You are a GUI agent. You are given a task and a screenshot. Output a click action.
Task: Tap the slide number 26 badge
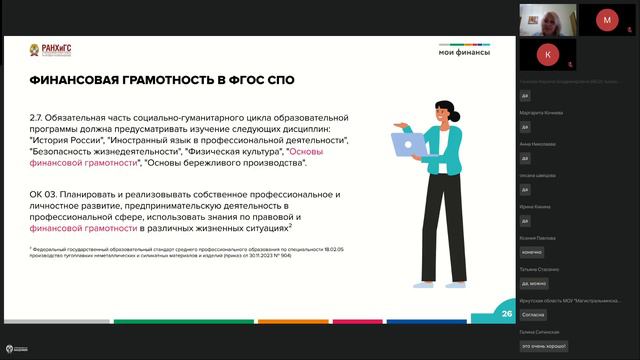coord(506,313)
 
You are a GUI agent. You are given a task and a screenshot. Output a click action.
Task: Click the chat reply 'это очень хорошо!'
coord(543,345)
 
